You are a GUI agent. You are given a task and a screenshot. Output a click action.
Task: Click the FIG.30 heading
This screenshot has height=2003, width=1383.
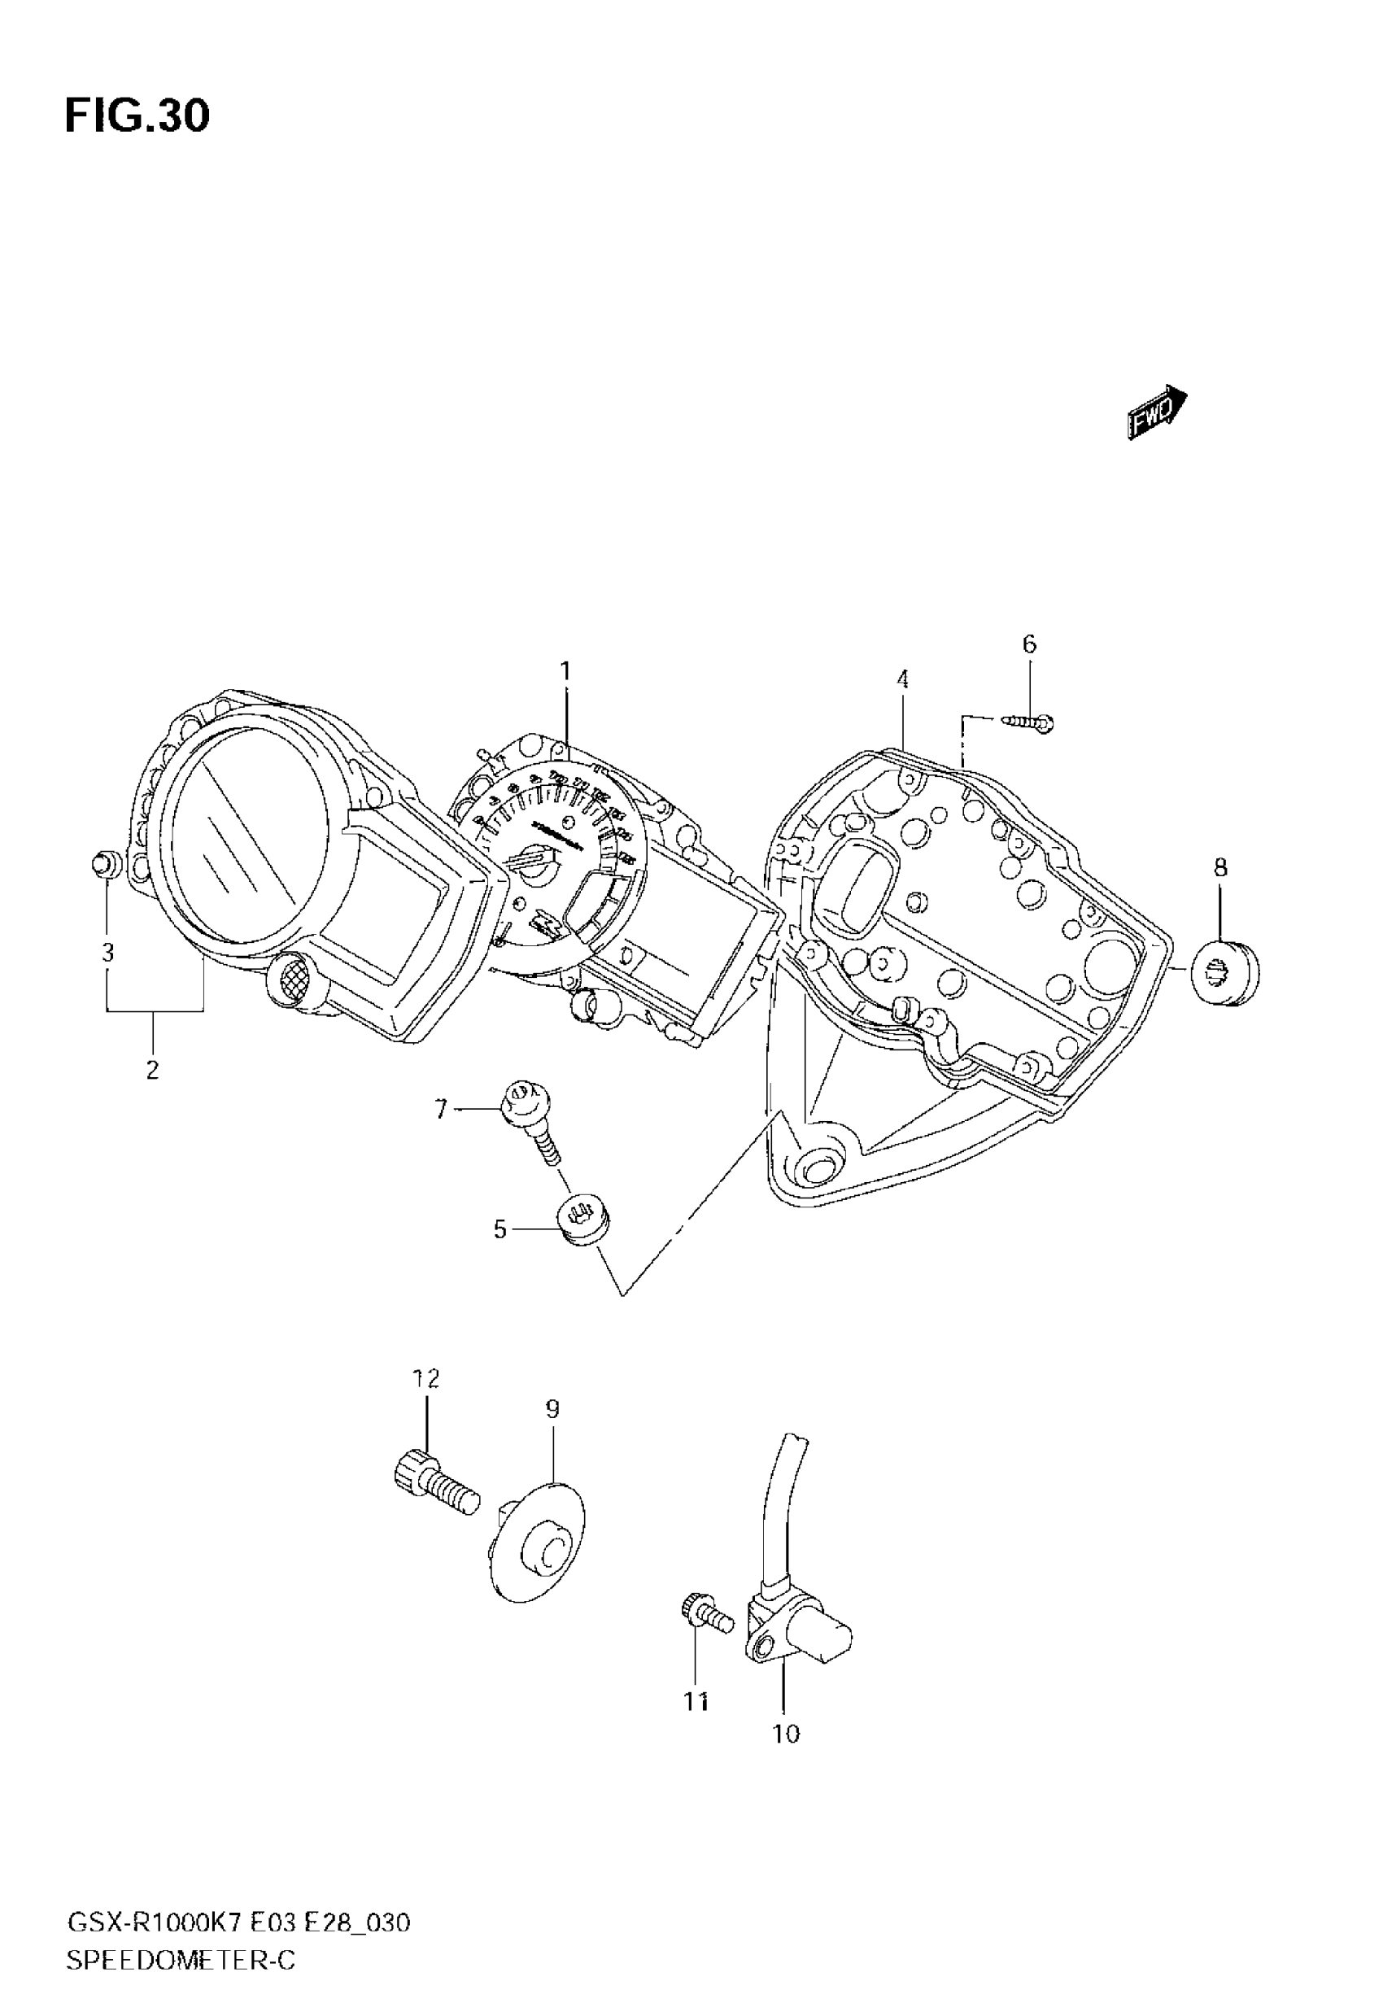(137, 116)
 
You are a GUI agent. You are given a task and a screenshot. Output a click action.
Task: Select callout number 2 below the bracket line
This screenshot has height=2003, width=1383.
(152, 1070)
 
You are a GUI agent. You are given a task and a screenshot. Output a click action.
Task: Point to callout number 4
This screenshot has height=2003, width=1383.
(902, 679)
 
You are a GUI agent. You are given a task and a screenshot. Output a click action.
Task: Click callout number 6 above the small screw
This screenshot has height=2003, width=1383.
(1028, 644)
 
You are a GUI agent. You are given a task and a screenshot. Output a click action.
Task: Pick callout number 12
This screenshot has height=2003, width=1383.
(425, 1377)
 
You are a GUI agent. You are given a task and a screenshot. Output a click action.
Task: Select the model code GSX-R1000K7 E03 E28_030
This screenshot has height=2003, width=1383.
(238, 1918)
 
